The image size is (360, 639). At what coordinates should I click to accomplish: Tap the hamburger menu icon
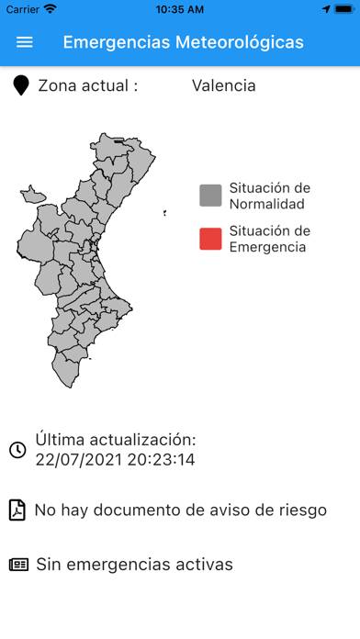click(25, 42)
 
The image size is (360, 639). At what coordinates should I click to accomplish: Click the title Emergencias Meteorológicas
click(183, 42)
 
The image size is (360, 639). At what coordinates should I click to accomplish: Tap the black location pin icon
click(21, 86)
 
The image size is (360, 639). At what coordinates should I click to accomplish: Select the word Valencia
click(223, 86)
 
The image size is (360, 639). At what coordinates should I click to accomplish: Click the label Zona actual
click(87, 86)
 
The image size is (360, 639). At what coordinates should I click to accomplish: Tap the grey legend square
click(210, 196)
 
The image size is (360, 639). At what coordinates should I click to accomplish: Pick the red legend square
click(210, 239)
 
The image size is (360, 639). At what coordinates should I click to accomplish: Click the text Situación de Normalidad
click(269, 196)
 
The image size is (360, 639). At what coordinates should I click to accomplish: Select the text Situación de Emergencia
click(269, 239)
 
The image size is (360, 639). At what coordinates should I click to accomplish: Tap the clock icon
click(17, 450)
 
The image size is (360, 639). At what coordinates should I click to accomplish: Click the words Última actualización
click(116, 440)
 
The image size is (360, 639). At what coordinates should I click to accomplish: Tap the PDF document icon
click(17, 510)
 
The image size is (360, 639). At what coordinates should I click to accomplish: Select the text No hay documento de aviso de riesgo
click(180, 510)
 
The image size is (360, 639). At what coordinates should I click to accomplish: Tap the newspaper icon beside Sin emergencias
click(18, 564)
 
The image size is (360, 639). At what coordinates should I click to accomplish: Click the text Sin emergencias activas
click(134, 564)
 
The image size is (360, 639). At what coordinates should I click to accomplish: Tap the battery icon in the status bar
click(343, 9)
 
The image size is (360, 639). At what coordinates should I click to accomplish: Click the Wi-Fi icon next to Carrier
click(50, 9)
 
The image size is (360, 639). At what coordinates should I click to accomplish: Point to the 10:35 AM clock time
click(180, 9)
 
